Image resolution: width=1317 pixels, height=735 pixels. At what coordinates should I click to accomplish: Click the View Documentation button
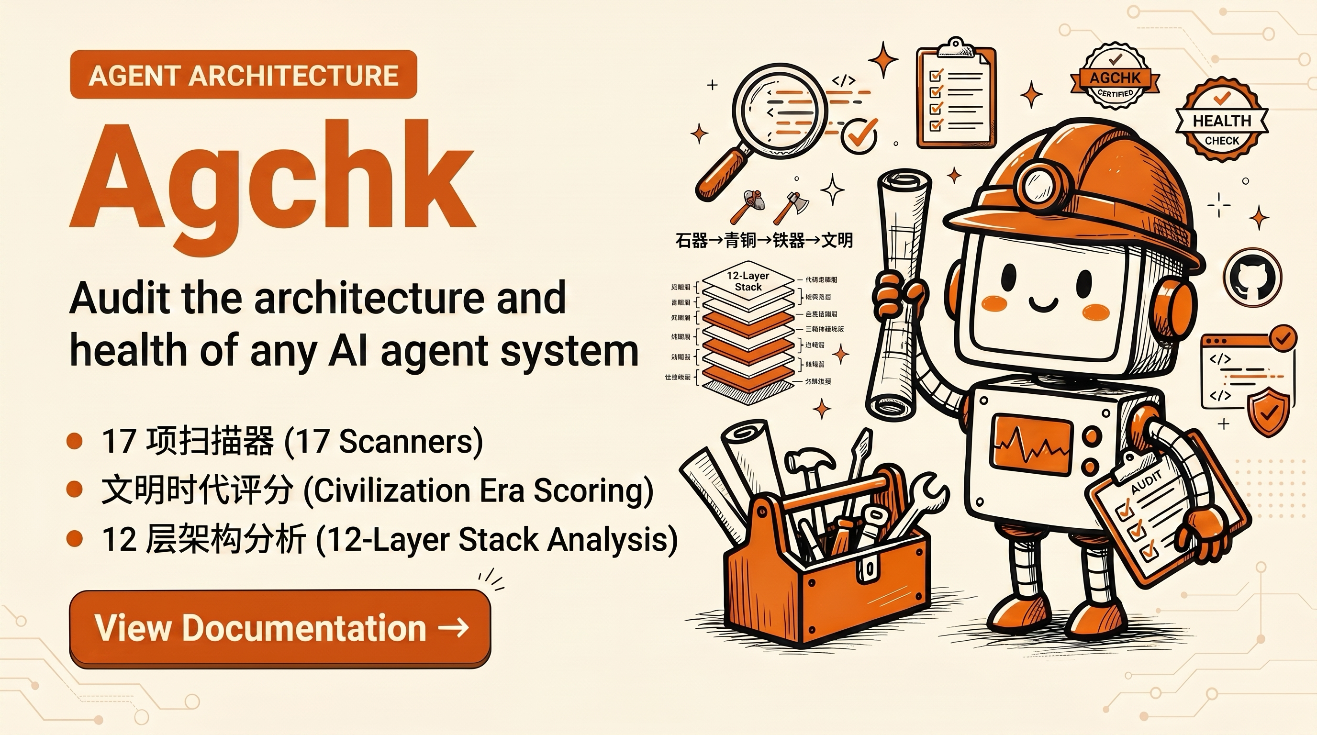pos(279,628)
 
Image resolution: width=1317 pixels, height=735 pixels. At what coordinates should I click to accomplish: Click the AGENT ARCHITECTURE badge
pos(244,75)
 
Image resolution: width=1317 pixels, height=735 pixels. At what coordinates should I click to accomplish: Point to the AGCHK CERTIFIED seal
pos(1115,78)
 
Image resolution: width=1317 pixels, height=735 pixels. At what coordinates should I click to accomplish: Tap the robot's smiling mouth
pos(1043,305)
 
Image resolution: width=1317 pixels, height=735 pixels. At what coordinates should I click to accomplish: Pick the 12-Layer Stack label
pos(748,281)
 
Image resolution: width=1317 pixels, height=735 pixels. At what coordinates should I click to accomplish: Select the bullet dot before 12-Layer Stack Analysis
pos(75,538)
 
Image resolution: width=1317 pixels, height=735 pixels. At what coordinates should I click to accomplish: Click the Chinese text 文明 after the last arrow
pos(837,240)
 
